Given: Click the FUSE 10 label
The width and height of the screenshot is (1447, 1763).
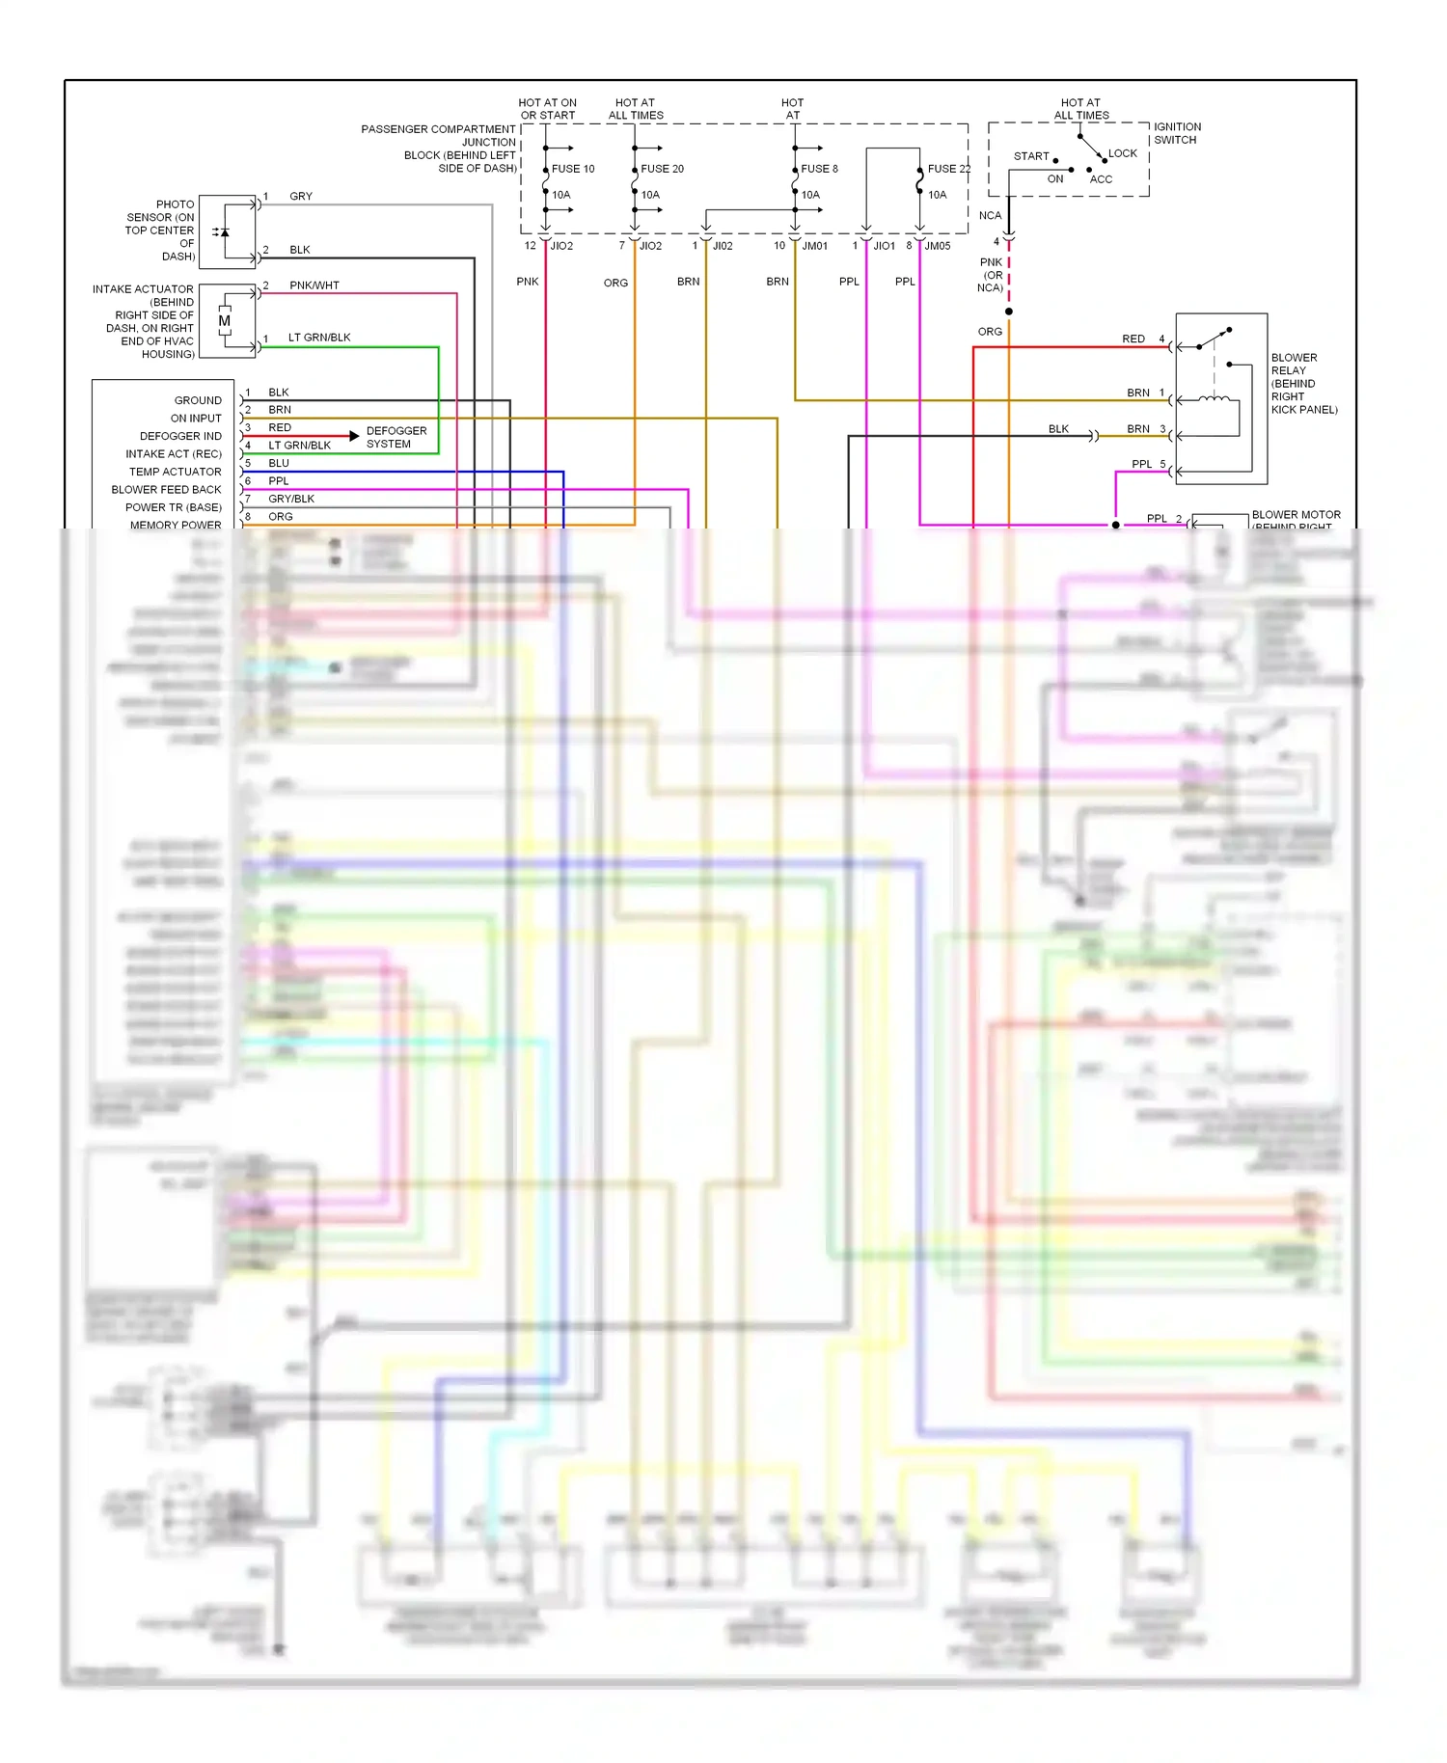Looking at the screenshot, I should point(573,169).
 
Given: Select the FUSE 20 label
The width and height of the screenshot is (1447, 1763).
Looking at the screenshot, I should point(662,169).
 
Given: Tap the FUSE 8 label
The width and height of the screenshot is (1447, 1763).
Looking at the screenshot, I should point(819,169).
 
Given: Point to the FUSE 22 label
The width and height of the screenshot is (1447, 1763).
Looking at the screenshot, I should point(949,169).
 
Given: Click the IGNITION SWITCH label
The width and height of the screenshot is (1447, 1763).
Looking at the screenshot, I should point(1177,133).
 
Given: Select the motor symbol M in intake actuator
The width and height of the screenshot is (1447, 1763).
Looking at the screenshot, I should point(225,321).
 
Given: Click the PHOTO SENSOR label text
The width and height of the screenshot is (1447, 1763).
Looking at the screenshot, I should point(160,230).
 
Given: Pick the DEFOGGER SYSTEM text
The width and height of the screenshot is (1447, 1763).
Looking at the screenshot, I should point(396,437).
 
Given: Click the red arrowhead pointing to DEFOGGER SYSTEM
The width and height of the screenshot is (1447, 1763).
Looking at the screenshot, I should point(354,436).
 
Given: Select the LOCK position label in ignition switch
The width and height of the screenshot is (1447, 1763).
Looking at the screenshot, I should point(1122,153).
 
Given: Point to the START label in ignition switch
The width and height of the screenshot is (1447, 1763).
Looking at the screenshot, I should point(1031,156).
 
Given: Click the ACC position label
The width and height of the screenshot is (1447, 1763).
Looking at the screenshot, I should point(1101,179).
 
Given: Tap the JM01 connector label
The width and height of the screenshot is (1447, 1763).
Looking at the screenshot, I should point(815,246).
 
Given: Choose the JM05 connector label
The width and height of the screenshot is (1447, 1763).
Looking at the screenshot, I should point(938,246).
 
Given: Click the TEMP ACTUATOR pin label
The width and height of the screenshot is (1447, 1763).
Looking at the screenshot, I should point(176,472).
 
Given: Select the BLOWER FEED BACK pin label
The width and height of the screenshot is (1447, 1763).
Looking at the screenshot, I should point(166,490).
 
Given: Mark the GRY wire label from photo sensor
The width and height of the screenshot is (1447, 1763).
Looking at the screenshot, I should point(301,196).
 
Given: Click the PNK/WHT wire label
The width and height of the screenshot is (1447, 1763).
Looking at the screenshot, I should point(314,285).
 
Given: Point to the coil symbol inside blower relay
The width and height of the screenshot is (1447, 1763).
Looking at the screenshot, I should point(1215,398).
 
